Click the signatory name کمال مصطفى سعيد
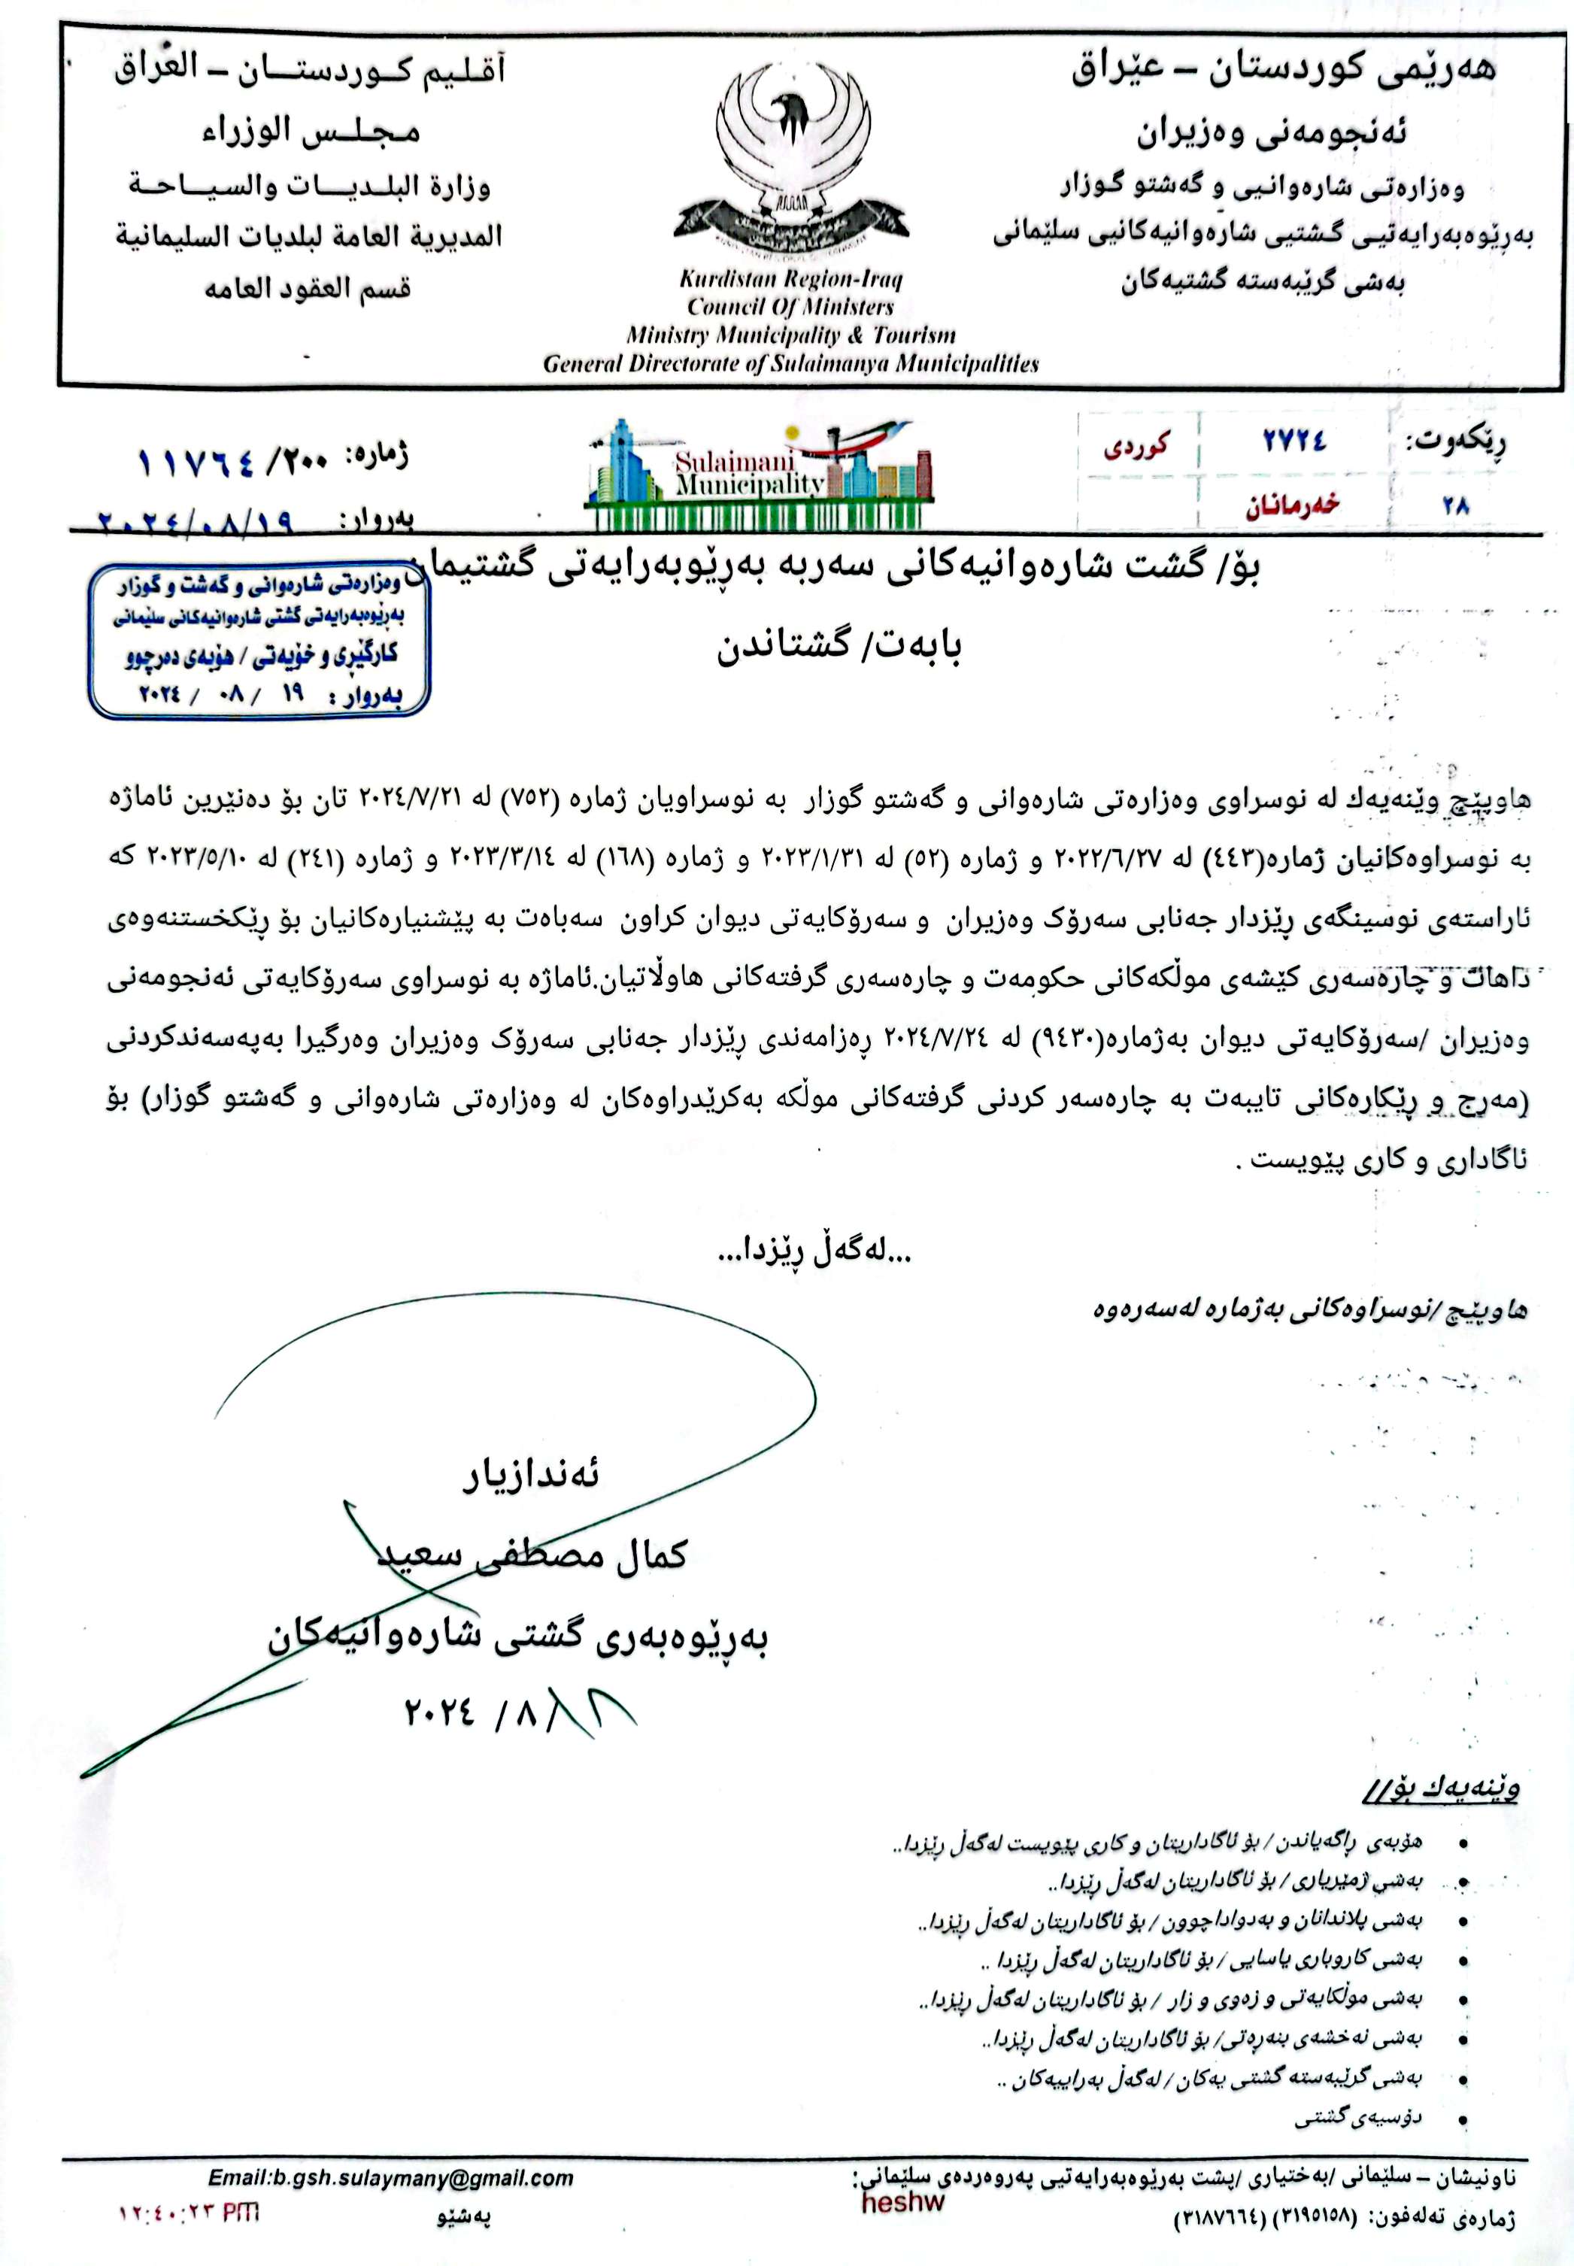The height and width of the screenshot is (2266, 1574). pos(532,1557)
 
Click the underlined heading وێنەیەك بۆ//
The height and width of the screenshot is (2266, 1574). pos(1442,1788)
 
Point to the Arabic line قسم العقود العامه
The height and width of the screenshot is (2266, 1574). pos(307,290)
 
